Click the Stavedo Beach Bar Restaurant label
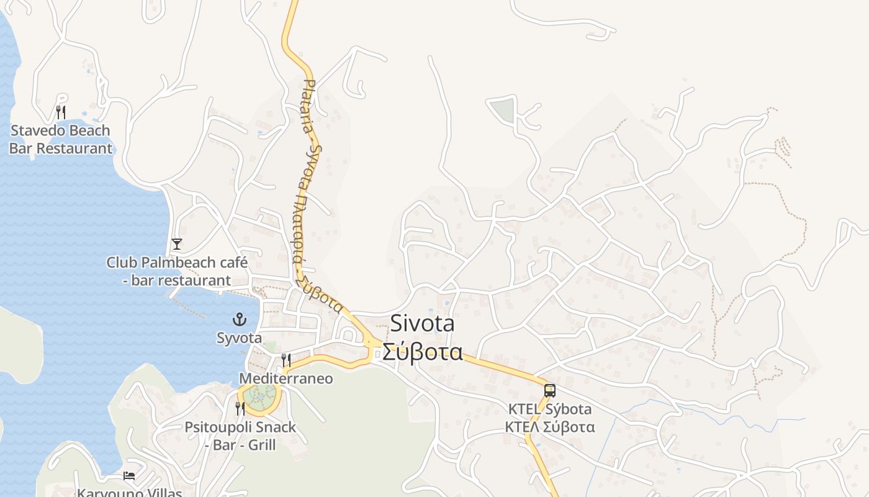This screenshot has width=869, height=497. (x=60, y=139)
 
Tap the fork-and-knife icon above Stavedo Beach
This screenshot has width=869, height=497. (x=61, y=112)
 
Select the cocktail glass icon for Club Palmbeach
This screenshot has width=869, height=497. (x=177, y=244)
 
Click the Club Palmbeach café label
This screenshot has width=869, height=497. (x=177, y=271)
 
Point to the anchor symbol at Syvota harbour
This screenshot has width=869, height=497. (x=239, y=319)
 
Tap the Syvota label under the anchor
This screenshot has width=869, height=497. (x=239, y=338)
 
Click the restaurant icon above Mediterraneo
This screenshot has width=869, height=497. (x=286, y=360)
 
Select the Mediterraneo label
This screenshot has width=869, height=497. (x=286, y=378)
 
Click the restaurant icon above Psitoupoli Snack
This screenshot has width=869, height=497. (x=240, y=408)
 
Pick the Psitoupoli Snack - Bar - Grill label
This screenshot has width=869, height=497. (x=240, y=436)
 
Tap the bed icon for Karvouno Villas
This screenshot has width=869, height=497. (x=129, y=476)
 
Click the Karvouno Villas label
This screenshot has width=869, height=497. (x=129, y=493)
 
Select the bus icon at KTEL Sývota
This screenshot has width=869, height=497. (x=550, y=391)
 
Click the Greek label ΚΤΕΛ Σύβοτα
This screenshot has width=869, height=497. (x=550, y=427)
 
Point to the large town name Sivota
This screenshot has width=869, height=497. (x=422, y=324)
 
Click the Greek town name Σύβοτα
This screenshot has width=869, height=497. (x=422, y=352)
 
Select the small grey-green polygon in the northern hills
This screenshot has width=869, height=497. (x=502, y=110)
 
